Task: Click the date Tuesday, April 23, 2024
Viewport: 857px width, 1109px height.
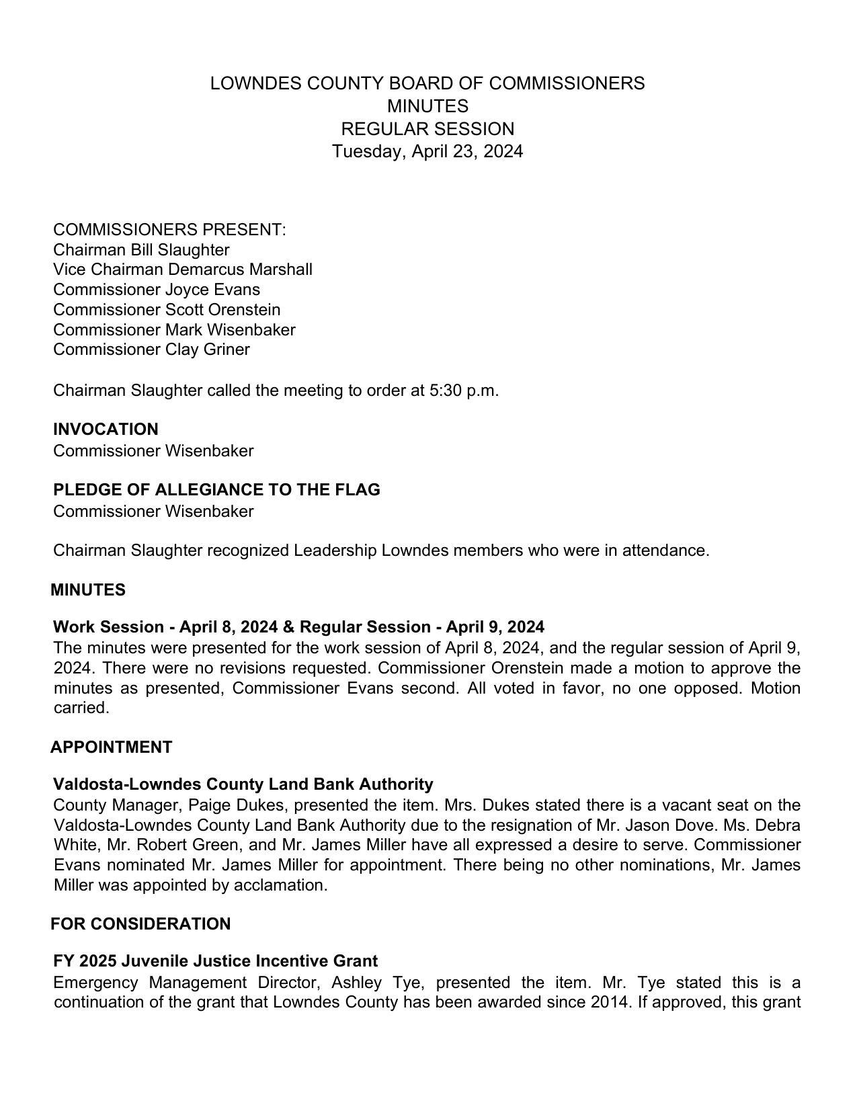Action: coord(427,151)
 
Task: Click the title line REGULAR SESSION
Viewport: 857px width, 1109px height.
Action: coord(427,129)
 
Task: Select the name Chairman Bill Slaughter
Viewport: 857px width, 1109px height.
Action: coord(141,250)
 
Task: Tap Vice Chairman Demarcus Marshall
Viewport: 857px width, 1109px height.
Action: coord(183,270)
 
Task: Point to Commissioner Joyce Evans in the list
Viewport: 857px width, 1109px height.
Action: coord(157,290)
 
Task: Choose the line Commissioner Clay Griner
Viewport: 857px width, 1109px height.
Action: coord(151,350)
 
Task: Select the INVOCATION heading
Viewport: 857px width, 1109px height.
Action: coord(106,429)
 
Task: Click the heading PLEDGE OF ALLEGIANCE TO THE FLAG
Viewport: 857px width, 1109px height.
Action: coord(216,490)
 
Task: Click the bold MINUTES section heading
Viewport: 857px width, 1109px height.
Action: coord(88,590)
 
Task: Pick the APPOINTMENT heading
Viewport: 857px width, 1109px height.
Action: coord(111,747)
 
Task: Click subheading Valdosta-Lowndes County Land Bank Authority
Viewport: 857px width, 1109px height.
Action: coord(243,784)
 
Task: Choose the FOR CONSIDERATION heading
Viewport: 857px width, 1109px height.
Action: coord(140,924)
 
